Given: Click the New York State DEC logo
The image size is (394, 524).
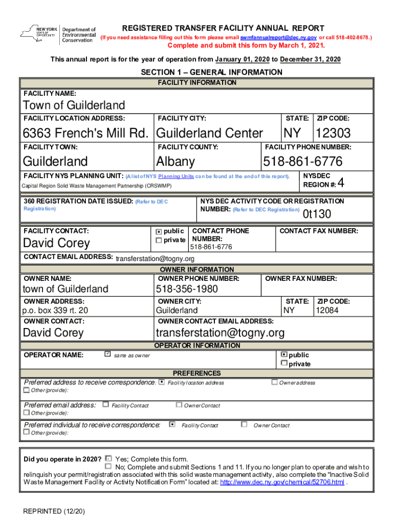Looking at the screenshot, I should [x=58, y=34].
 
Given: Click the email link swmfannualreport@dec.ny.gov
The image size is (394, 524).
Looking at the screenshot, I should [x=278, y=38].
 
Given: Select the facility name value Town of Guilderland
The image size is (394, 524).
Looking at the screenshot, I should [x=74, y=105].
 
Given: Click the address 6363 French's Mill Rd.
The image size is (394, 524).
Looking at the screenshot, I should [x=86, y=134].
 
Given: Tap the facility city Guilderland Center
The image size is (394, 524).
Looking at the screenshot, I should [x=209, y=134].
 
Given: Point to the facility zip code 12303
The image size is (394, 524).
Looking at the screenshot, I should [x=333, y=134].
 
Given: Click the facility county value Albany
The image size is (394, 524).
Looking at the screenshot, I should [x=176, y=162].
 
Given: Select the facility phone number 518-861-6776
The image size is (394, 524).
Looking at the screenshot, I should [x=302, y=162].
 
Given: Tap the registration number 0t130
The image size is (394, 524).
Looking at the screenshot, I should [x=317, y=214].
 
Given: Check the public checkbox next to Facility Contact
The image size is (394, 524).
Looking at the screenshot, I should [x=159, y=232].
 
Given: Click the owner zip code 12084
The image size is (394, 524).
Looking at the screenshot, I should [x=327, y=311].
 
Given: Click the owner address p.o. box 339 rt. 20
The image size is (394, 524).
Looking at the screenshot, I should [x=55, y=311].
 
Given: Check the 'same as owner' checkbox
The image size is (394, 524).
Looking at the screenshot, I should [x=107, y=354].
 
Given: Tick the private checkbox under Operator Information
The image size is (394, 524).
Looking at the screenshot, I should [x=284, y=364].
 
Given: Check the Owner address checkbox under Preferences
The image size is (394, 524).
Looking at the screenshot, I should [x=274, y=382].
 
